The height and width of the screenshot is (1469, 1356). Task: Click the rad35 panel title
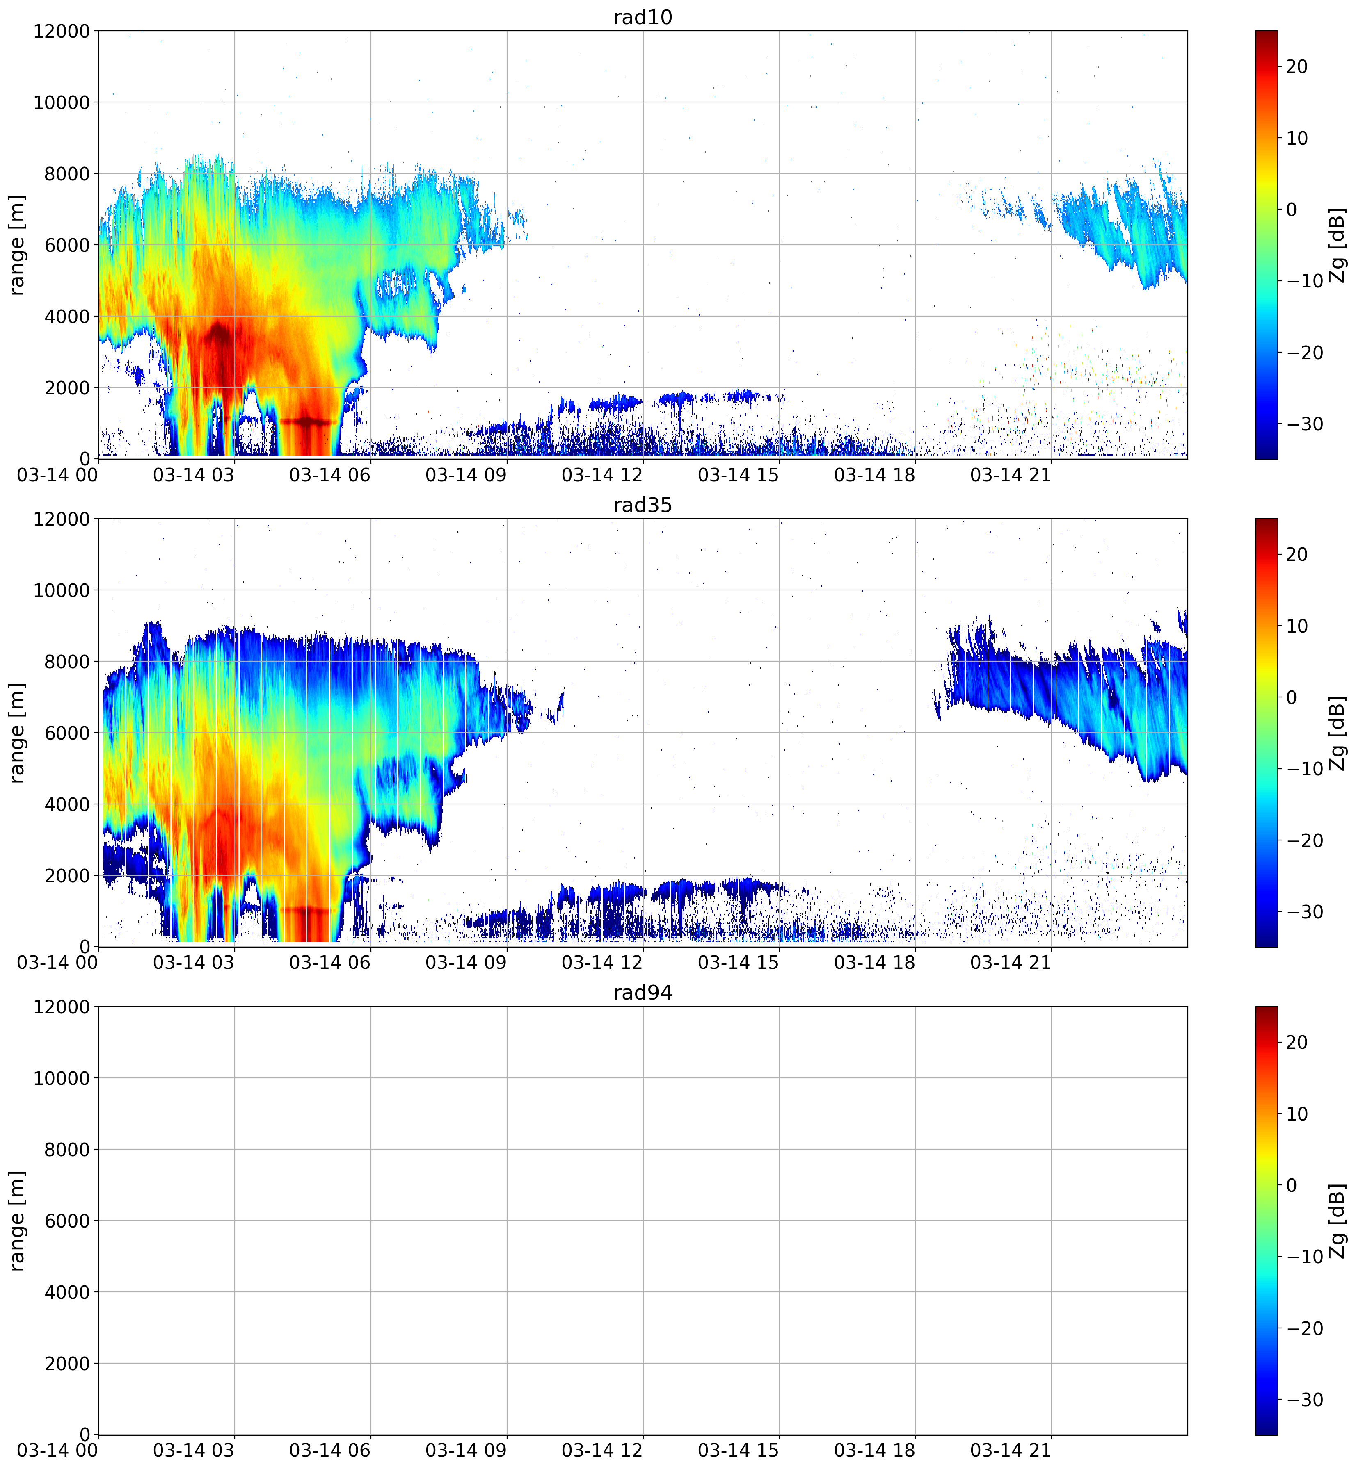(643, 505)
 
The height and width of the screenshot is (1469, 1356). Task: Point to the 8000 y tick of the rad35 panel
(67, 662)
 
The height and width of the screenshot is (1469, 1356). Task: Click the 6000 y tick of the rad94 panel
(67, 1221)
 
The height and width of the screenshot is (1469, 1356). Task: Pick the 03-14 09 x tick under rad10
(466, 475)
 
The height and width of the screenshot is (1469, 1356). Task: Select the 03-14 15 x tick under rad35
(738, 963)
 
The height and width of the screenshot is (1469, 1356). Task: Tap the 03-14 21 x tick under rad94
(1011, 1451)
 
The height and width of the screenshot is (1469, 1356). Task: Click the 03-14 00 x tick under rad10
(57, 475)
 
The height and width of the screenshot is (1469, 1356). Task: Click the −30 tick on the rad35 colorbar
(1302, 911)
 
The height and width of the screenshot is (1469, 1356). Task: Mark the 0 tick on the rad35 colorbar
(1292, 697)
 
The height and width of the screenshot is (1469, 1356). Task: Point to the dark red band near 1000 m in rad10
(307, 422)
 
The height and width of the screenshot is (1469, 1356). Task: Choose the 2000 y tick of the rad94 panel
(67, 1363)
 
